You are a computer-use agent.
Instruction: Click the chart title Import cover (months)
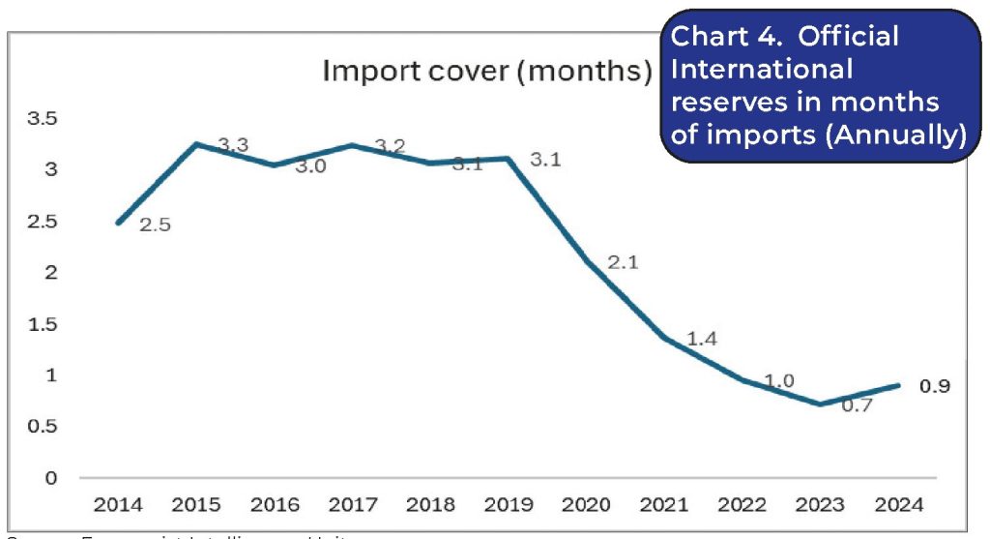(x=486, y=72)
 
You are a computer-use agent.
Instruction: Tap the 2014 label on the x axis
(x=117, y=504)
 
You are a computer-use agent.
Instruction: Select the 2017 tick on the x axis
(x=353, y=504)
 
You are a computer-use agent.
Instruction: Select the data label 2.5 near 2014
(x=155, y=226)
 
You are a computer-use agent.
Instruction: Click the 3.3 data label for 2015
(x=233, y=145)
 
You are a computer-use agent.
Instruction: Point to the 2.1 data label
(x=625, y=261)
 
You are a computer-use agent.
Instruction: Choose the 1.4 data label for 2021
(x=703, y=339)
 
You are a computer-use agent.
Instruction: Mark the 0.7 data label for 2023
(x=857, y=405)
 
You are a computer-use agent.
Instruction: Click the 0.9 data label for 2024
(x=935, y=386)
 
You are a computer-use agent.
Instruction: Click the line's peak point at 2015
(x=196, y=144)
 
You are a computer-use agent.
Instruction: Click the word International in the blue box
(x=762, y=70)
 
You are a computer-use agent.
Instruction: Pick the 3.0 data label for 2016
(x=310, y=165)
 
